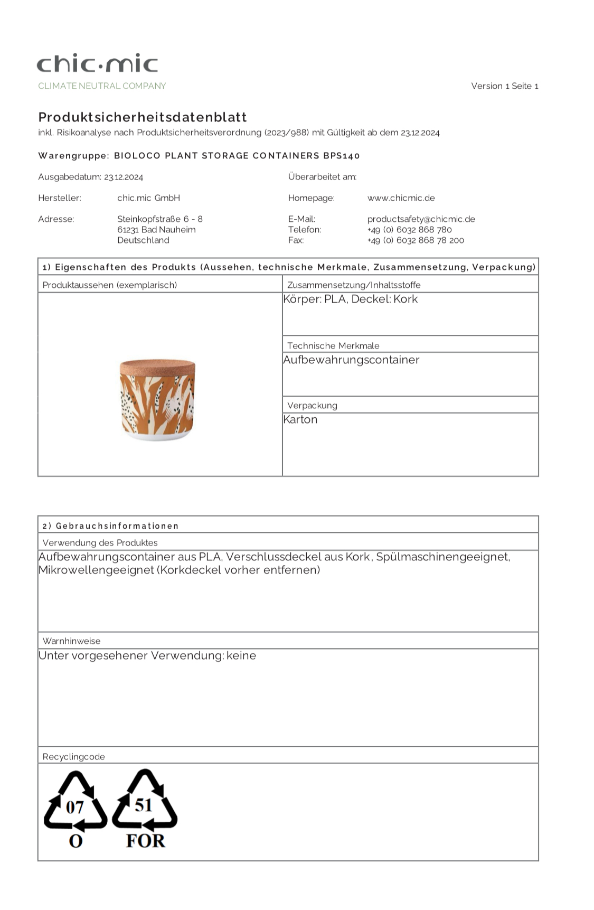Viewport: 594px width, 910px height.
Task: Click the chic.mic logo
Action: [x=98, y=63]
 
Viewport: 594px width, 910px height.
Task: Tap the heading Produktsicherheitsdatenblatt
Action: [x=143, y=117]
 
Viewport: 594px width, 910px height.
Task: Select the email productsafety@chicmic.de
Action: [x=421, y=219]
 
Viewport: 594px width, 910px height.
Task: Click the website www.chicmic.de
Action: [x=401, y=198]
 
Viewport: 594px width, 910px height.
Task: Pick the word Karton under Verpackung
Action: [x=300, y=419]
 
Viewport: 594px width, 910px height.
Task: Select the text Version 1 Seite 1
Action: [x=504, y=86]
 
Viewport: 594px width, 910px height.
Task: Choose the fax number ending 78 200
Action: [x=416, y=240]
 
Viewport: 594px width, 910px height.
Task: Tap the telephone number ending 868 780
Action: [x=409, y=229]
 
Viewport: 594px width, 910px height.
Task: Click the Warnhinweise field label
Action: [x=71, y=641]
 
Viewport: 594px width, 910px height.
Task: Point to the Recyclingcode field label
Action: [x=74, y=756]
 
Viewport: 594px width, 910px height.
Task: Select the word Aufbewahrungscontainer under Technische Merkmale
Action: [x=351, y=360]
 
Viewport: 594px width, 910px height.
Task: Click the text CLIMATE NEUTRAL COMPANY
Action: [x=102, y=86]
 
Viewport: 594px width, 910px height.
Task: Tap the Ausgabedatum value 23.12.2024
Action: [x=124, y=177]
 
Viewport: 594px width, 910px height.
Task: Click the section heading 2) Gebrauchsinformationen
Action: [x=110, y=526]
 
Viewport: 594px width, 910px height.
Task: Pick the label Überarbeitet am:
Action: [x=322, y=176]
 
